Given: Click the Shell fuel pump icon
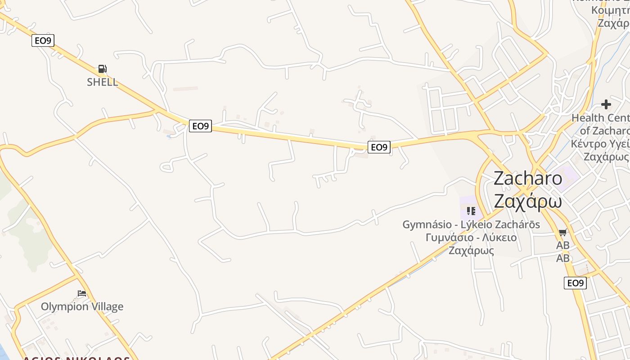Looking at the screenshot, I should (103, 69).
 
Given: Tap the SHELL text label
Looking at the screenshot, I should (103, 82).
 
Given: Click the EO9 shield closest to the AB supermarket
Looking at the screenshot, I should (575, 283).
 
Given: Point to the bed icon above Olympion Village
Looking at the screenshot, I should (81, 293).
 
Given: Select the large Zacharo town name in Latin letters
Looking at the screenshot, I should (528, 179).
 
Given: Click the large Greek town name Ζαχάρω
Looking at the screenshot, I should (528, 200).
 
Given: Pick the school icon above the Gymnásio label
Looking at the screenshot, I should (471, 211).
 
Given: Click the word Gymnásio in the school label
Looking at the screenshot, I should (427, 224).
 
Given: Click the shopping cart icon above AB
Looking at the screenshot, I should (562, 233).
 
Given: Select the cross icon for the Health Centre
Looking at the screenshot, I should (606, 104).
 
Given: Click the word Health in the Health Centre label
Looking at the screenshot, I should (588, 118).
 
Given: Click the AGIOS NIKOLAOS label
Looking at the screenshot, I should (76, 358).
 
